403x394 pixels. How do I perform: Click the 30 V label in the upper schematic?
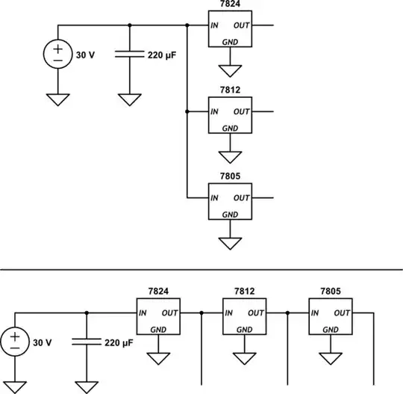click(x=86, y=55)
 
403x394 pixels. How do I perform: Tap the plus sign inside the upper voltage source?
click(x=58, y=49)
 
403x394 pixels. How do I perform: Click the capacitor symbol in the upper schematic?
click(x=130, y=55)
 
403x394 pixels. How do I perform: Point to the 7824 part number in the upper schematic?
click(x=231, y=5)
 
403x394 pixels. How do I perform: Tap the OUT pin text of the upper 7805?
click(x=240, y=198)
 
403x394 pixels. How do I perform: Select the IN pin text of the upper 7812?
click(x=215, y=112)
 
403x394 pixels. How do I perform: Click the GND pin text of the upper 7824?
click(x=231, y=43)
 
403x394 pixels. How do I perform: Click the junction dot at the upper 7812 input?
click(x=186, y=111)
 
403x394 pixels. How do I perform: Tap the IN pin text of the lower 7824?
click(x=143, y=313)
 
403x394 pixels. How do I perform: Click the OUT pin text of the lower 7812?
click(x=255, y=313)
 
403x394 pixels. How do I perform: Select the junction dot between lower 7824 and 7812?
click(x=201, y=313)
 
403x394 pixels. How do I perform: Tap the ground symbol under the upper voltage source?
click(x=58, y=99)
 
